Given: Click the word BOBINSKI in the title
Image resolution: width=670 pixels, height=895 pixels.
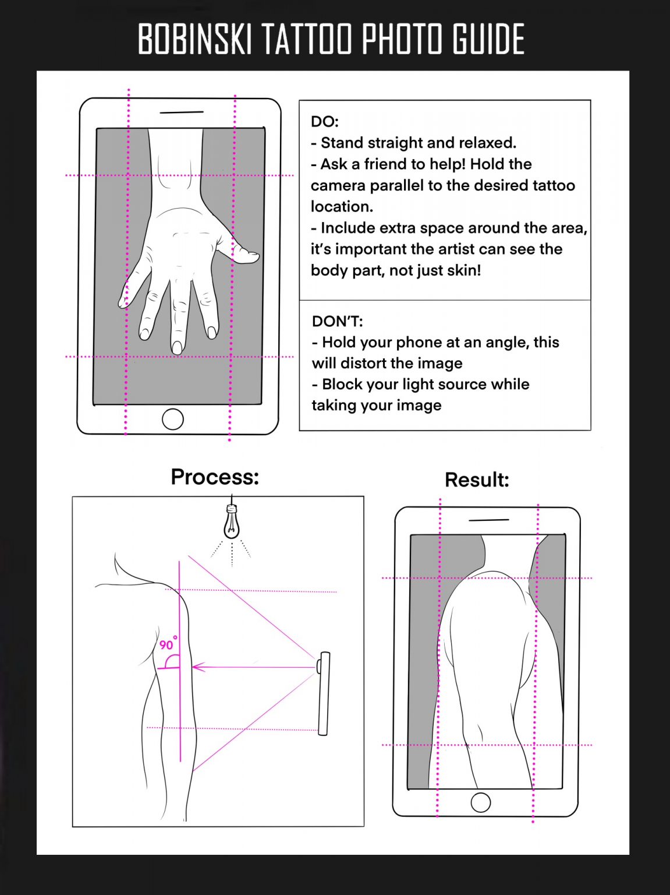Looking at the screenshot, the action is point(194,38).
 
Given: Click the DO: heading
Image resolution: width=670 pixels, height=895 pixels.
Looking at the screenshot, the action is point(325,122).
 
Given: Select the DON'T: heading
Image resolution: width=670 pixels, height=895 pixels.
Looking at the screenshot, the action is point(337,321).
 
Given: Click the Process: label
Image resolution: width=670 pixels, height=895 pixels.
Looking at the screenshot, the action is point(215,477).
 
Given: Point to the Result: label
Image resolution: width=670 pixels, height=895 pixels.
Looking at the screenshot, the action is point(477,480).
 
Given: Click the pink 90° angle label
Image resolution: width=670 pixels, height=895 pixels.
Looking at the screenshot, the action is point(168,644).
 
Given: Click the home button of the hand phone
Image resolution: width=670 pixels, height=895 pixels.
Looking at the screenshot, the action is point(173,419).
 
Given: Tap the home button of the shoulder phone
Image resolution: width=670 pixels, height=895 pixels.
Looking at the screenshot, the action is point(481,802).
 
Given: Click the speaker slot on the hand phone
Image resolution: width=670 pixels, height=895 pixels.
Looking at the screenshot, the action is point(182,112).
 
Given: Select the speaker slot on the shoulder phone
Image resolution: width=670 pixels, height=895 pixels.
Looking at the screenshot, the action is point(489,520).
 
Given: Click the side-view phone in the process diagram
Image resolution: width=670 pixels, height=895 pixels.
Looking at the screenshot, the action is point(324,693).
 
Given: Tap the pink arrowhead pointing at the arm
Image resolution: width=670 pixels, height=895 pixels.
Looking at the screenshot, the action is point(198,667).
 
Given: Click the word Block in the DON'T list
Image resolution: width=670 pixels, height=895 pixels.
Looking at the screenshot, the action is point(340,384).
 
